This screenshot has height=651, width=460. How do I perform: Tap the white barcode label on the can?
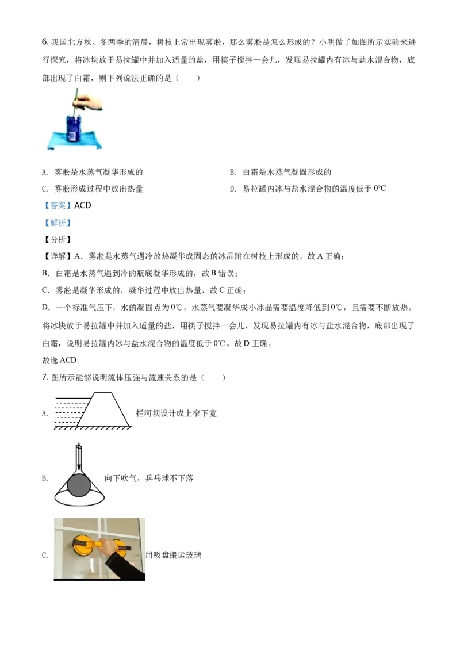tap(72, 136)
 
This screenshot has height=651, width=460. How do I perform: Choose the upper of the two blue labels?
tap(57, 205)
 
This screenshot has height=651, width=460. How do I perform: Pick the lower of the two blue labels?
tap(57, 223)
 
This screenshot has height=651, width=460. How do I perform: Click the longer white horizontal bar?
tap(94, 389)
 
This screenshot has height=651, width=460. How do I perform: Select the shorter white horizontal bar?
tap(78, 439)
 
